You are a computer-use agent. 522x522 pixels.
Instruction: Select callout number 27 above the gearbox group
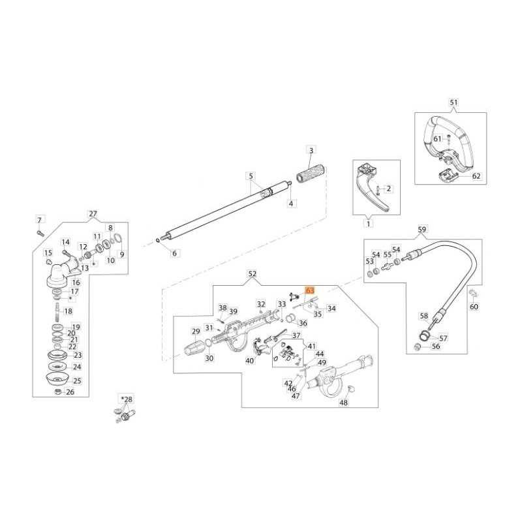coord(92,213)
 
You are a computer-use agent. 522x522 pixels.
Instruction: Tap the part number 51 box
coord(454,102)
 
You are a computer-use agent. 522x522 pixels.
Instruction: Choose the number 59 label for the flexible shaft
coord(422,229)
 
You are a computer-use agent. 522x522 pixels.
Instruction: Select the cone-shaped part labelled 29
coord(194,343)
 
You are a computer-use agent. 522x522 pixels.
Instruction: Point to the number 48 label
coord(343,403)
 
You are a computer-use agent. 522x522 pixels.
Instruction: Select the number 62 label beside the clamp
coord(476,176)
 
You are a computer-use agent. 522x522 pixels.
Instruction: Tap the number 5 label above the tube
coord(249,176)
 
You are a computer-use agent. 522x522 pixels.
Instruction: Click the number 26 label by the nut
coord(70,392)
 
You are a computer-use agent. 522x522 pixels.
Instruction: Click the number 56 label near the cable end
coord(435,346)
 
